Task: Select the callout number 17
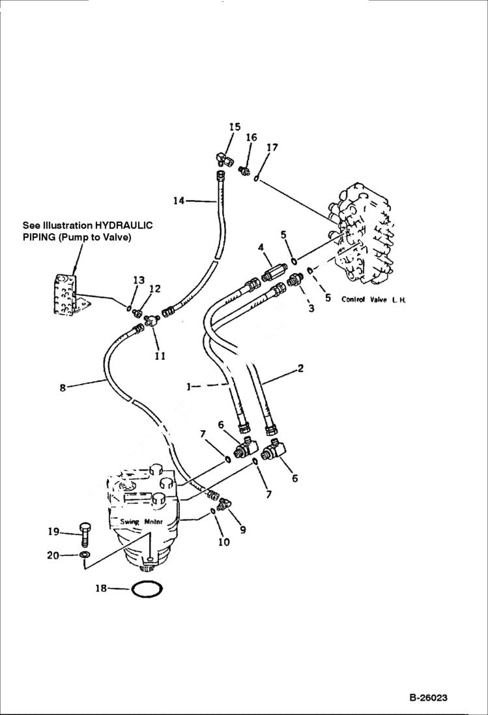tap(272, 147)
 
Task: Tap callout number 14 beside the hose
tap(179, 201)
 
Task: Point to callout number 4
tap(260, 248)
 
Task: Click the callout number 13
tap(139, 280)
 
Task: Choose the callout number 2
tap(300, 368)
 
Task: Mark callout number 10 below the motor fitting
tap(223, 542)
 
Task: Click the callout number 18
tap(100, 589)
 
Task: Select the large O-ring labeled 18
tap(146, 589)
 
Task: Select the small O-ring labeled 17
tap(259, 177)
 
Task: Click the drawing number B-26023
tap(428, 698)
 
